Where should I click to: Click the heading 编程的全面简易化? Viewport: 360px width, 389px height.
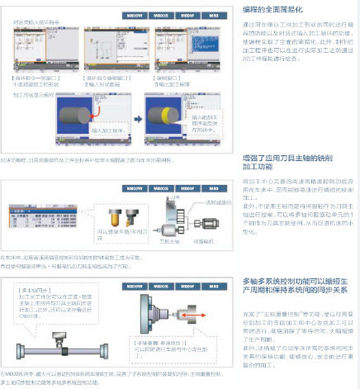276,8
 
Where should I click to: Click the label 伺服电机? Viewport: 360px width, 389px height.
198,241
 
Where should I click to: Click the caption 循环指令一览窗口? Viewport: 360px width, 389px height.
39,77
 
